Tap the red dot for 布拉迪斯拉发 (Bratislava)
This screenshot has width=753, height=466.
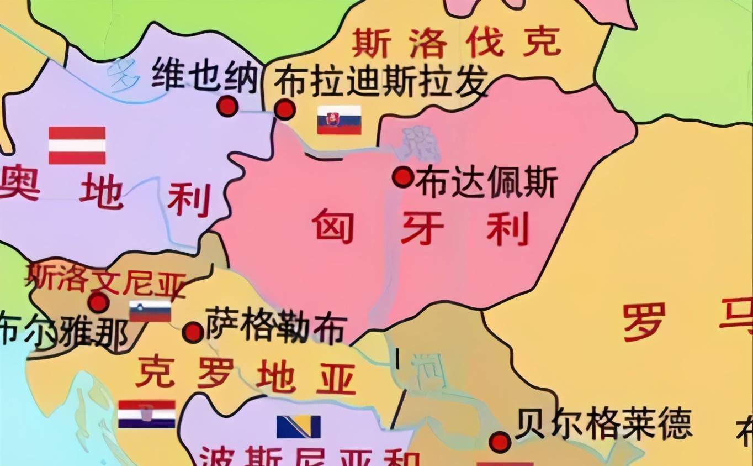click(x=284, y=109)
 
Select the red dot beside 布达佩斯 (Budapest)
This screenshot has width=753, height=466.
click(x=403, y=177)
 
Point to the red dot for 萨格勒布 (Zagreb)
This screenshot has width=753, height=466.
click(x=193, y=332)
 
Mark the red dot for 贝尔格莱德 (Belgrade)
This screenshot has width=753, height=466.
click(x=500, y=442)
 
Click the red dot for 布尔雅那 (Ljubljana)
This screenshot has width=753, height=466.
click(x=98, y=302)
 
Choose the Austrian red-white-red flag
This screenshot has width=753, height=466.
click(x=77, y=145)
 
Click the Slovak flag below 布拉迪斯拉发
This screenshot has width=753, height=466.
click(x=339, y=120)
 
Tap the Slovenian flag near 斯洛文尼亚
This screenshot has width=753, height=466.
click(x=150, y=311)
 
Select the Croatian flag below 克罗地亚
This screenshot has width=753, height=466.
click(x=147, y=413)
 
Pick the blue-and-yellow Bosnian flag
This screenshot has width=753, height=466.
click(x=299, y=426)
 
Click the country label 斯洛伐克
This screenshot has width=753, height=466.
click(x=455, y=43)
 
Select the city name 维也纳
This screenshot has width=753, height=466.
click(x=205, y=76)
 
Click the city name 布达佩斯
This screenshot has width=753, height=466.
click(x=486, y=182)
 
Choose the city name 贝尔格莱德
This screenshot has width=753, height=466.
click(x=603, y=425)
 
